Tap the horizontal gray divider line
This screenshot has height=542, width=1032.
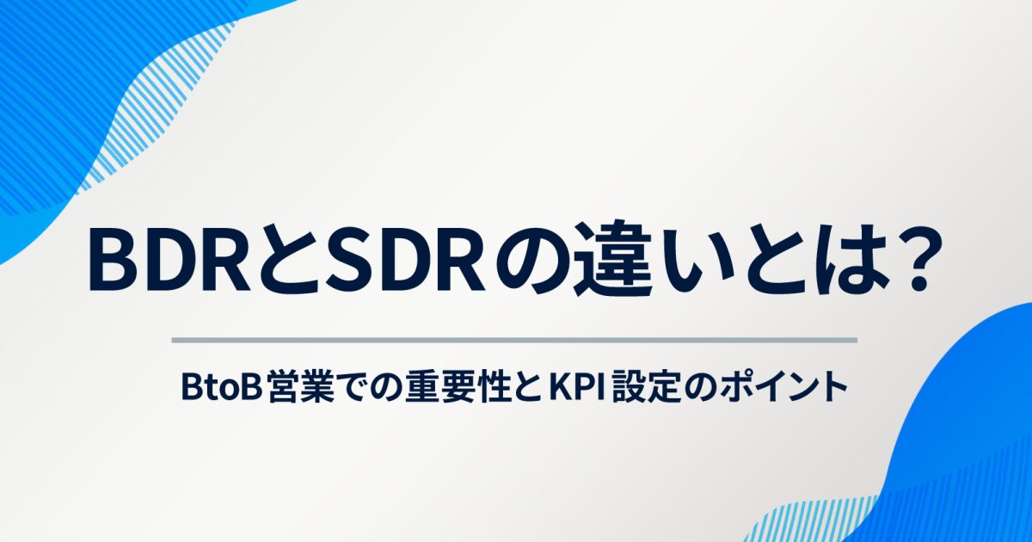click(514, 340)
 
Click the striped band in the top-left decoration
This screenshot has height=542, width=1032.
click(152, 106)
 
